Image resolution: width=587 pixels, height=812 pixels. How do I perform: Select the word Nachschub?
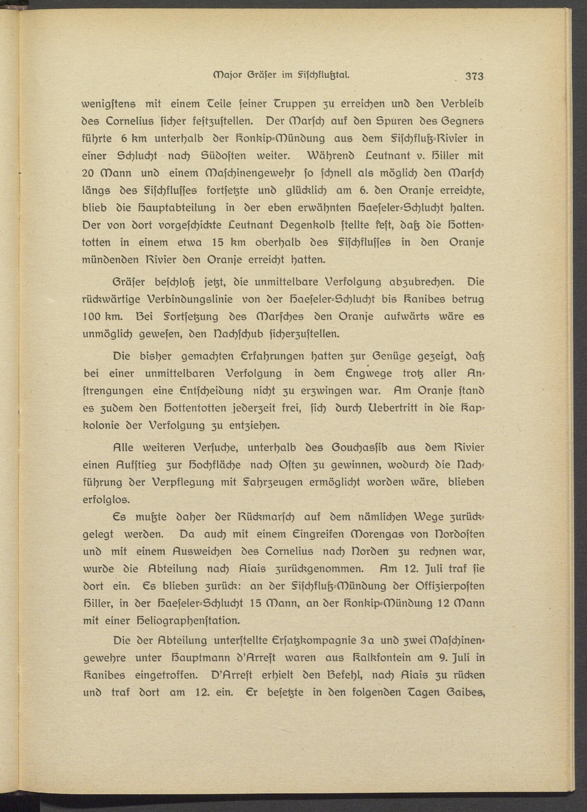click(x=231, y=334)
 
